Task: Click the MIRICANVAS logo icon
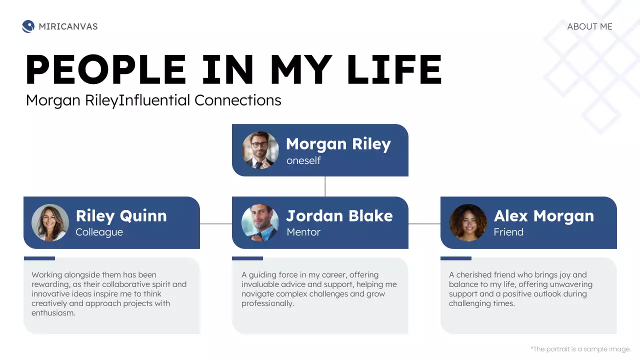[x=28, y=26]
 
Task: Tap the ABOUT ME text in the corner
[x=589, y=26]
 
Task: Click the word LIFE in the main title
[x=394, y=69]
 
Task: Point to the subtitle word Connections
[x=238, y=100]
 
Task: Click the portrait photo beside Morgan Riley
[x=260, y=150]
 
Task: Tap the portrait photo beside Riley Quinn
[x=50, y=222]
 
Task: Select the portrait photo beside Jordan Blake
[x=260, y=222]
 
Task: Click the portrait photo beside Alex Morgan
[x=468, y=222]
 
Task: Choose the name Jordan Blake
[x=339, y=215]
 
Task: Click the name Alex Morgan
[x=544, y=215]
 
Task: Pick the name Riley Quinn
[x=121, y=215]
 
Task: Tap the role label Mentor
[x=303, y=232]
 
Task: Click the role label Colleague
[x=99, y=232]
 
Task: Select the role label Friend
[x=508, y=232]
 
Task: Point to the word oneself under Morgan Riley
[x=303, y=160]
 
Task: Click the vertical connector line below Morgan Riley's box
[x=325, y=186]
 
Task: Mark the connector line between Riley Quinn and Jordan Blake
[x=216, y=223]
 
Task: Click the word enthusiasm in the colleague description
[x=53, y=313]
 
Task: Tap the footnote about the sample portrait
[x=580, y=349]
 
